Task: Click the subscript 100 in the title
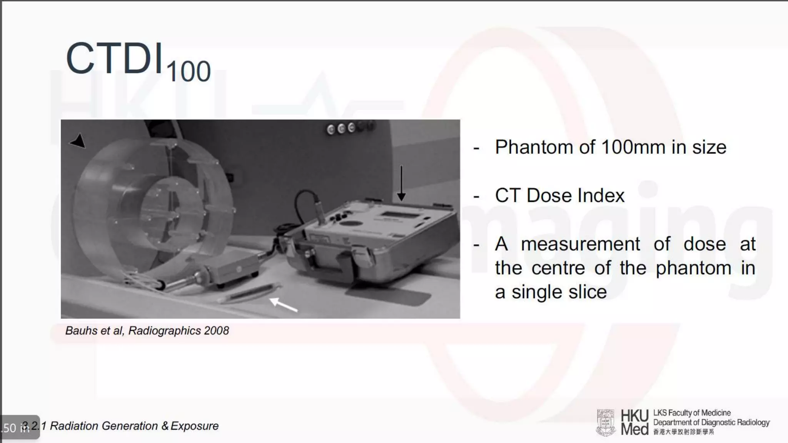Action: tap(189, 72)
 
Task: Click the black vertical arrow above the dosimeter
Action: tap(401, 183)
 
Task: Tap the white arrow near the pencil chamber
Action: tap(284, 304)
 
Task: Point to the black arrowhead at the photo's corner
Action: tap(78, 141)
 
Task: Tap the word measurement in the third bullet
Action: tap(580, 244)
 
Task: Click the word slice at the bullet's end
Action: tap(588, 292)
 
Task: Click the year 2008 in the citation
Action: tap(216, 331)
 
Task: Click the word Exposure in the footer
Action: tap(194, 426)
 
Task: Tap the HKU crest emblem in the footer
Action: tap(606, 423)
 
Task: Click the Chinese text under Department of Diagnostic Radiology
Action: tap(683, 432)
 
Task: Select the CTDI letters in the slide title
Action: tap(114, 58)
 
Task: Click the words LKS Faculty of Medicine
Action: tap(692, 413)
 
